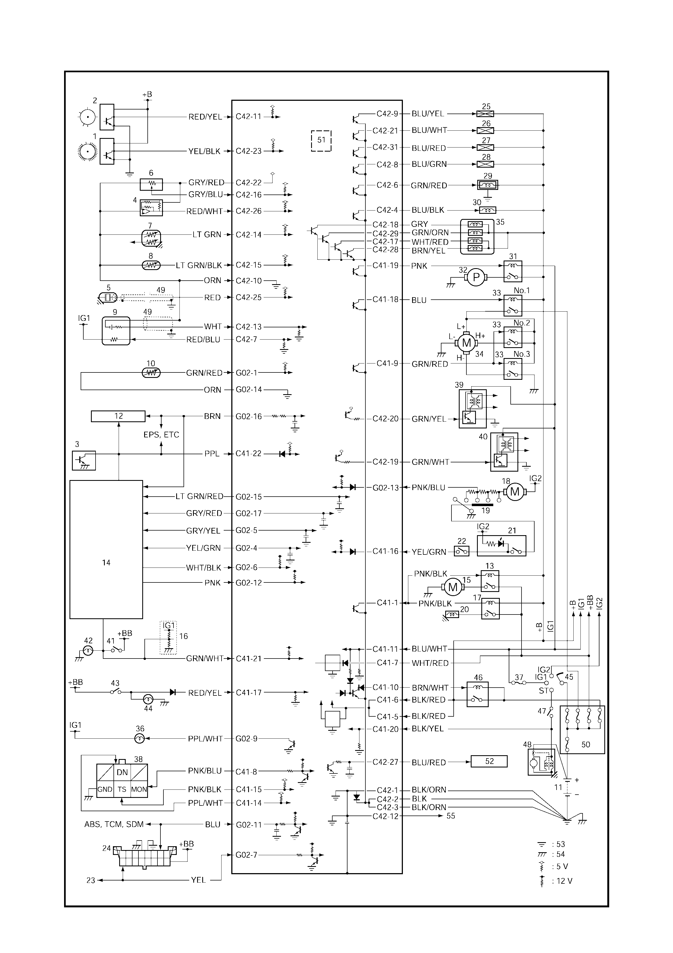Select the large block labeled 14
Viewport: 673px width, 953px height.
coord(106,550)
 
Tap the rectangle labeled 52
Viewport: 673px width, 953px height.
coord(489,761)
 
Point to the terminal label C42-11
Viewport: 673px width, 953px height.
coord(248,117)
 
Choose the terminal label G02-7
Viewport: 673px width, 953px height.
coord(246,855)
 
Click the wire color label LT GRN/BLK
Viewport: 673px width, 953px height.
coord(199,265)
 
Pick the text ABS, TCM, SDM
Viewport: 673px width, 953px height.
coord(114,824)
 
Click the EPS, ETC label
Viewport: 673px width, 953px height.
coord(161,435)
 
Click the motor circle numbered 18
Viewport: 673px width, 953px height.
coord(515,492)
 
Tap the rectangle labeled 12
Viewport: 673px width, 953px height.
coord(118,416)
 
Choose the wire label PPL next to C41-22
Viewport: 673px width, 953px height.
coord(212,454)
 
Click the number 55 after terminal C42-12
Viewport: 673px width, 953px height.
coord(451,816)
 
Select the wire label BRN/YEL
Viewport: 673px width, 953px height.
coord(428,251)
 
